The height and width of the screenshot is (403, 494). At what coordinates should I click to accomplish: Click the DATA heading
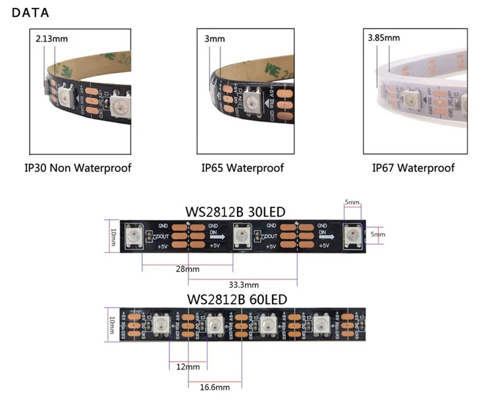coord(30,13)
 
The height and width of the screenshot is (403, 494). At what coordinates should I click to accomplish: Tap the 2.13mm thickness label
coord(52,39)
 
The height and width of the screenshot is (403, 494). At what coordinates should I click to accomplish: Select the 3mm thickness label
coord(215,39)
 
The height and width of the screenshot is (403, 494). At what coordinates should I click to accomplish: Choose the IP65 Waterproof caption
coord(242,168)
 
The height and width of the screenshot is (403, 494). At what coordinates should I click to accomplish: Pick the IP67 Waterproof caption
coord(413,168)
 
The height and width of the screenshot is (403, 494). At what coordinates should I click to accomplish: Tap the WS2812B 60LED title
coord(237,299)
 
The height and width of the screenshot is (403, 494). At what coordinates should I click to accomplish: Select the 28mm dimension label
coord(188,269)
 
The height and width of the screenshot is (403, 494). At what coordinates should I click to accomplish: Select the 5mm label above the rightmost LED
coord(352,202)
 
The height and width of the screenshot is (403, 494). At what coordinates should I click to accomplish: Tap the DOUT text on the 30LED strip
coord(161,236)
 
